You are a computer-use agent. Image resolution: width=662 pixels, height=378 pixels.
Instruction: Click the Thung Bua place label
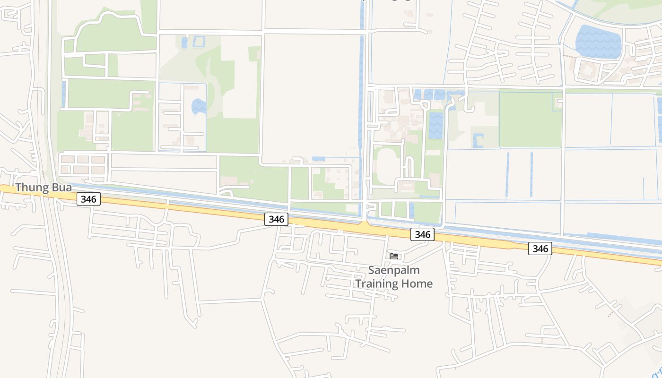(44, 188)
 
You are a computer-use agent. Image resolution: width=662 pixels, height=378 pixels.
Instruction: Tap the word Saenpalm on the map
(393, 271)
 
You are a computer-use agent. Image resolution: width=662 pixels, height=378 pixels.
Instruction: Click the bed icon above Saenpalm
(394, 256)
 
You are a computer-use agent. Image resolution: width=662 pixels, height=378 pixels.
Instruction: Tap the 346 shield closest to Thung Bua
(88, 199)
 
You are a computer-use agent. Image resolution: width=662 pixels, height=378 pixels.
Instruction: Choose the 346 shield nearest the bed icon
(422, 234)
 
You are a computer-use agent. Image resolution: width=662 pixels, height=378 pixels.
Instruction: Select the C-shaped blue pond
(478, 140)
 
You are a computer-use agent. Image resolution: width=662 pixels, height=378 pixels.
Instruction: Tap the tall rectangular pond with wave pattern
(436, 126)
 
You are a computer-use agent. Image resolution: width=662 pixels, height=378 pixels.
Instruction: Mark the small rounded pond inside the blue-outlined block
(199, 107)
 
